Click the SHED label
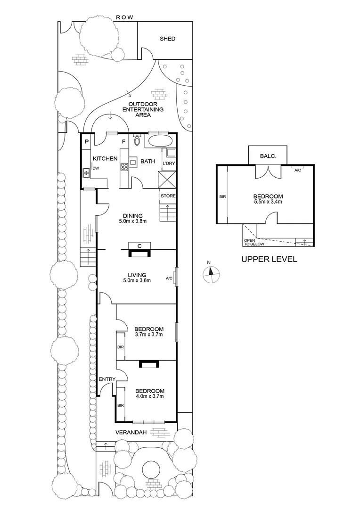tap(167, 39)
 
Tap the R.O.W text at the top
tap(125, 18)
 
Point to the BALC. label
tap(268, 156)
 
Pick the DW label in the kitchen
tap(96, 168)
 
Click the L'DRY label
tap(169, 163)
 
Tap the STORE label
tap(168, 196)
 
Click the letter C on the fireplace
tap(140, 245)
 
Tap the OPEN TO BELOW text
tap(254, 242)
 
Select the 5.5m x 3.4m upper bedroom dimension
tap(268, 203)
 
